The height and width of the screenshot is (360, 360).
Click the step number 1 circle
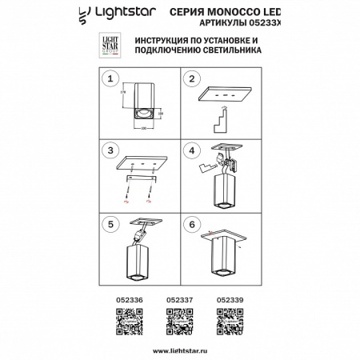(113, 79)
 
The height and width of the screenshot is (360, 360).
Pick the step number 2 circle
(191, 79)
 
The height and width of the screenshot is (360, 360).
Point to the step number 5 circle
(113, 224)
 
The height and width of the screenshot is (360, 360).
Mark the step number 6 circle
(191, 224)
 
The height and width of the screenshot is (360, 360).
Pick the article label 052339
(230, 301)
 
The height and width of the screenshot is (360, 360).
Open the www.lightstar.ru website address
(180, 350)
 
